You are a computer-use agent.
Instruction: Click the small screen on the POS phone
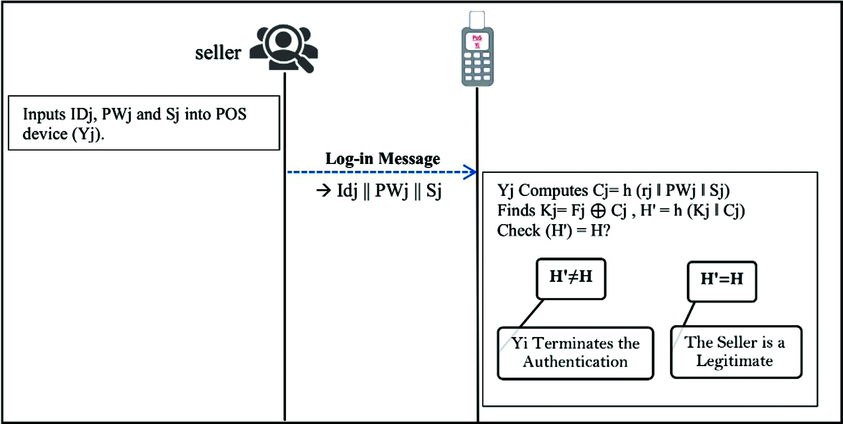477,40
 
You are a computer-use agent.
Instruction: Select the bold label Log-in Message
383,159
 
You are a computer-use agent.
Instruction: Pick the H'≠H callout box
570,278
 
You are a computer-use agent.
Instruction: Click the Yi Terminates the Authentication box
575,352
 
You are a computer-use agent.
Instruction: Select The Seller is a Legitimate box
736,352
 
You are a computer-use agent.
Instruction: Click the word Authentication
575,361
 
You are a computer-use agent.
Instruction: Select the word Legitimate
735,361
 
